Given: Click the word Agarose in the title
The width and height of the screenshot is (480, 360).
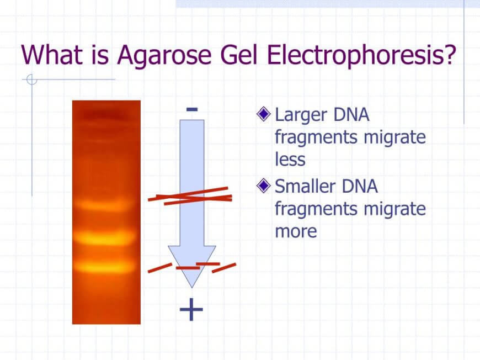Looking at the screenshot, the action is click(164, 55).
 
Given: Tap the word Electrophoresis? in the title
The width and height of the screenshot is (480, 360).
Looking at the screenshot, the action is click(361, 55).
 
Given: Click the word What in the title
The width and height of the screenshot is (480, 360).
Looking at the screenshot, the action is click(52, 55).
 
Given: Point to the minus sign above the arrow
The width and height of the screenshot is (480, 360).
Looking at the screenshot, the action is click(192, 109).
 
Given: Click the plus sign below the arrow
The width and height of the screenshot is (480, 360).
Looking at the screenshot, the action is click(191, 309).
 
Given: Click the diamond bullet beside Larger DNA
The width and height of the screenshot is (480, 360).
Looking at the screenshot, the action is click(264, 114).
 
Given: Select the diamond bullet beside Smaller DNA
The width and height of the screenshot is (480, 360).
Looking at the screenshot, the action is click(264, 186).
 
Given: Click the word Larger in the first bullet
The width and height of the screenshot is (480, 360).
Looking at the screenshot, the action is click(301, 116).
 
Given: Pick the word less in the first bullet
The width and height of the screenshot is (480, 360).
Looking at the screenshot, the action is click(290, 160).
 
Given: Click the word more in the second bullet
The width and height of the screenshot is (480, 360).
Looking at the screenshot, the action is click(296, 231).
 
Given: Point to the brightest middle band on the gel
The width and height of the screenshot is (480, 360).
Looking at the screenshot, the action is click(105, 238).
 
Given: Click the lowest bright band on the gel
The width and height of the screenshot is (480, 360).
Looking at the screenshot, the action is click(105, 266).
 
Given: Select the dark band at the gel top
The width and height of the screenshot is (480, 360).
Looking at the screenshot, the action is click(105, 116).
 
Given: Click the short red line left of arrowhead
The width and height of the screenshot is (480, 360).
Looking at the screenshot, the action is click(160, 267).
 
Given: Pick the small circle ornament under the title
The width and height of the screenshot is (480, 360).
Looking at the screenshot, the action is click(32, 79).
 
